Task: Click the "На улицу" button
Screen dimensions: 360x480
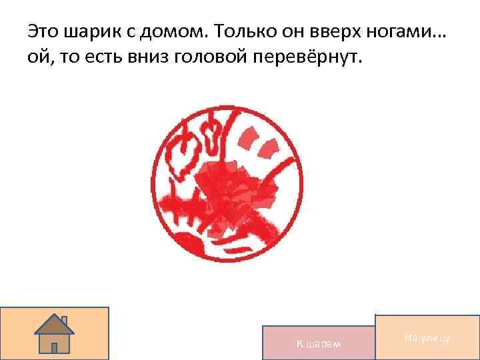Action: coord(427,338)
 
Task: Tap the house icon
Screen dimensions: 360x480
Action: coord(55,333)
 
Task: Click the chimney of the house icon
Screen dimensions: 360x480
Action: coord(63,321)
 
